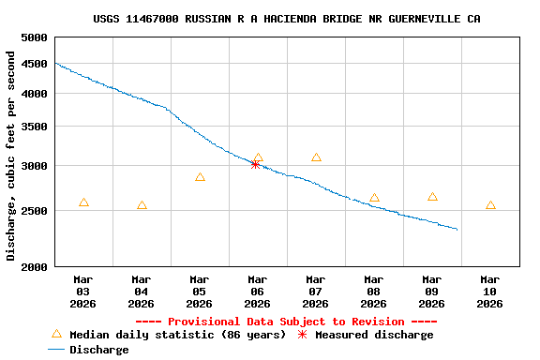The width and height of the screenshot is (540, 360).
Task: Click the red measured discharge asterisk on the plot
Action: click(x=255, y=164)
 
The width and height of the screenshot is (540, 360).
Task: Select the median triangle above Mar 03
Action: click(x=83, y=202)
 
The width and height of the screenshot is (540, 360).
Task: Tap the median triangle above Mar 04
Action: click(x=142, y=205)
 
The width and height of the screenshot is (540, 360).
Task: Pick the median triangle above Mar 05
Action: click(x=200, y=177)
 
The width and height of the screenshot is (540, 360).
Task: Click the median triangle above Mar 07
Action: click(x=316, y=157)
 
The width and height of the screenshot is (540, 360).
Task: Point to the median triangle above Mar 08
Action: click(x=374, y=198)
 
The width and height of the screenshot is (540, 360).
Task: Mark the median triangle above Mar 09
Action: click(x=432, y=197)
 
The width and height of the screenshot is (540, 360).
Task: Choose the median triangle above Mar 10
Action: click(x=490, y=205)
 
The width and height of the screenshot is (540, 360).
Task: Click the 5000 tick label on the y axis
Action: click(x=34, y=37)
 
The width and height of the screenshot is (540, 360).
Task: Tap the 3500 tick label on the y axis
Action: click(x=34, y=127)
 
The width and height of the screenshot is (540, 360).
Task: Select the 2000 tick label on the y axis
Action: click(x=34, y=267)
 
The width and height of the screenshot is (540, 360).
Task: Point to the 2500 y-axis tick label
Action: click(x=34, y=212)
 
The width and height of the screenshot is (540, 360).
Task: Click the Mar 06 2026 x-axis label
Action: click(x=257, y=291)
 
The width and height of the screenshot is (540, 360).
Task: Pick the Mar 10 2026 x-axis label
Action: click(x=489, y=291)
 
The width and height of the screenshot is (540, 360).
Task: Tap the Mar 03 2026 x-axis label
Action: click(x=82, y=291)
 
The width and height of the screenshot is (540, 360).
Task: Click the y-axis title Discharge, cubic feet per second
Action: click(x=11, y=156)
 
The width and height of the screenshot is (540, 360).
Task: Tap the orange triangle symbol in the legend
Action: click(x=56, y=334)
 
